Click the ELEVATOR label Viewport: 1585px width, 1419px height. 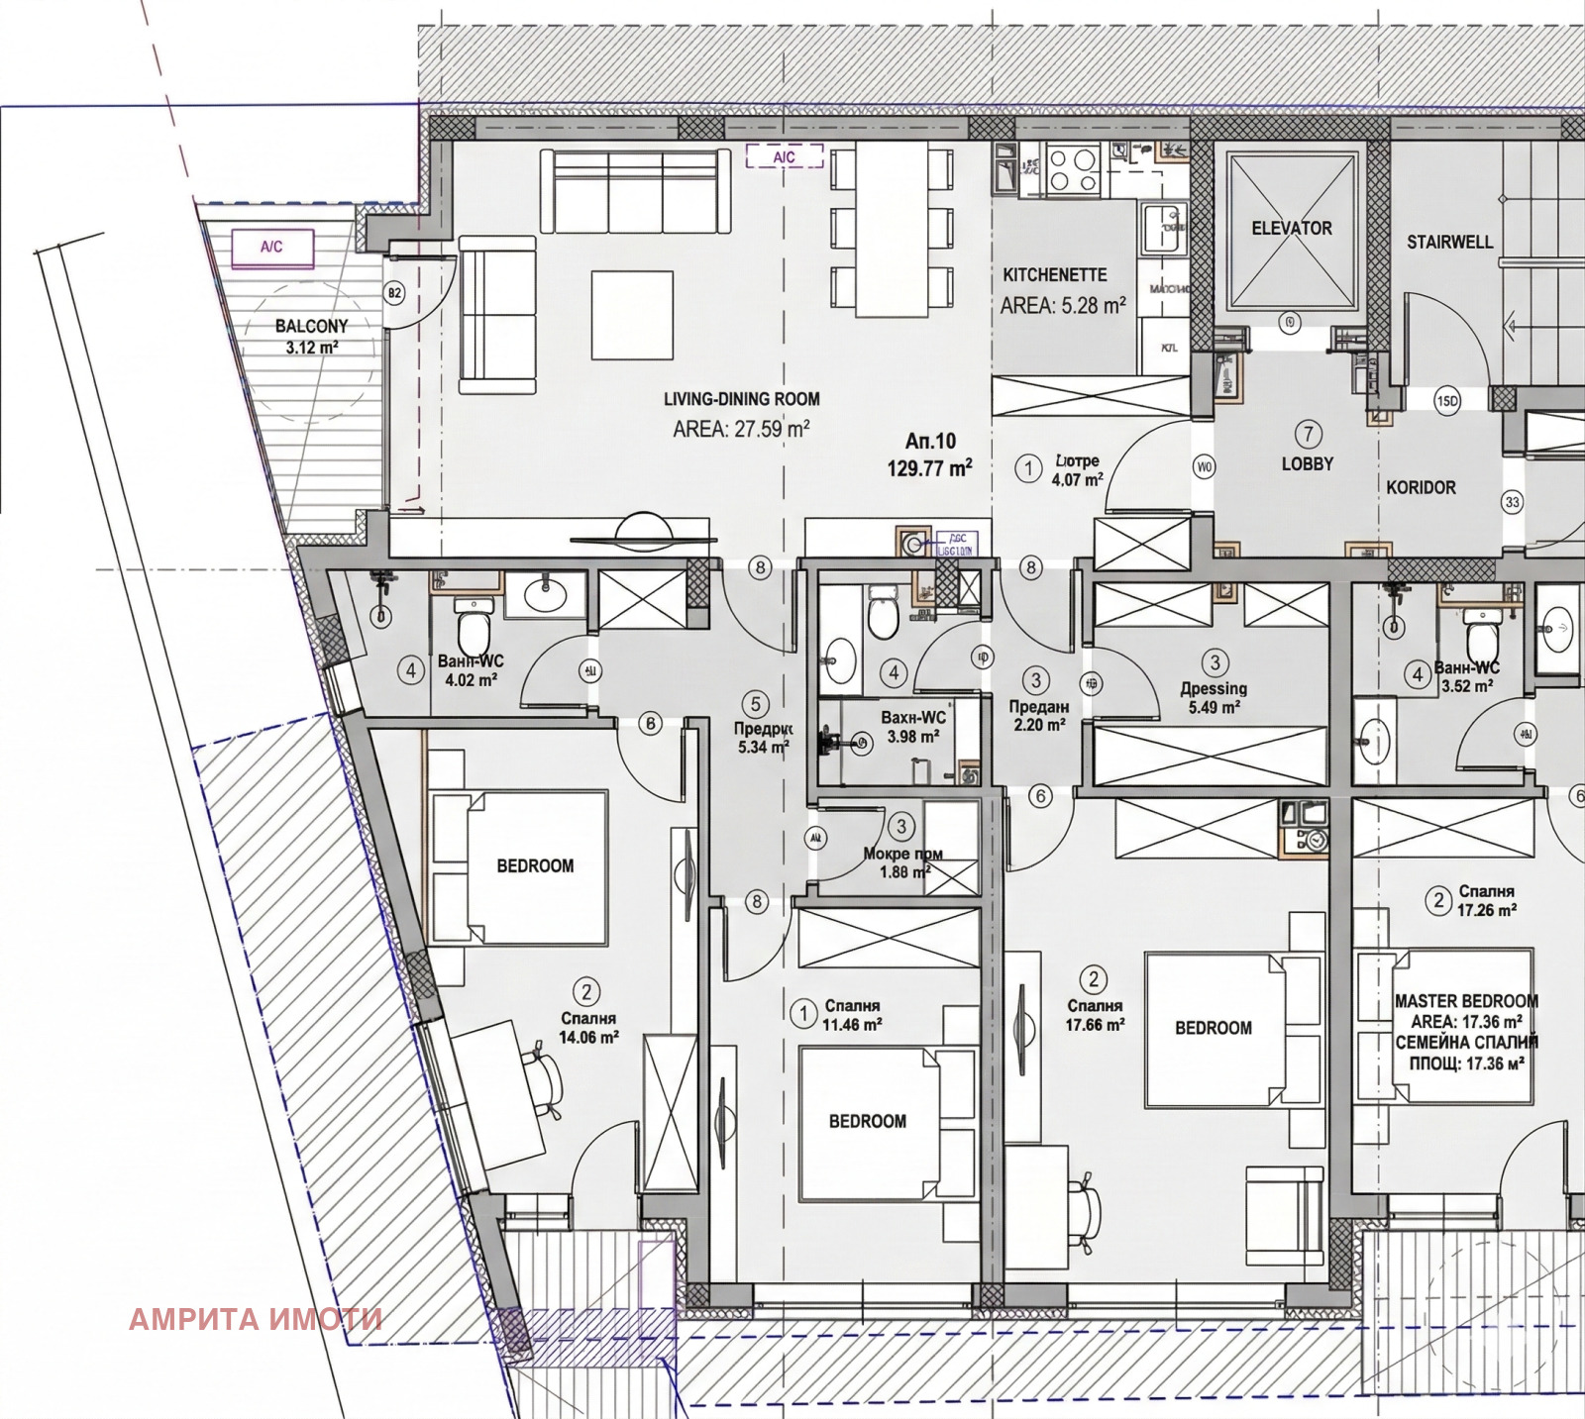point(1291,228)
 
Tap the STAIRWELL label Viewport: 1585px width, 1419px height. point(1449,242)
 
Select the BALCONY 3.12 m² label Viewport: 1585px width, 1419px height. point(312,336)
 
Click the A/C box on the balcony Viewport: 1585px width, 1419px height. point(272,248)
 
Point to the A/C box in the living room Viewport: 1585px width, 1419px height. point(784,156)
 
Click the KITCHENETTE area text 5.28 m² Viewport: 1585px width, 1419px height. point(1063,306)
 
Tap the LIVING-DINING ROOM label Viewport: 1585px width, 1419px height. point(741,399)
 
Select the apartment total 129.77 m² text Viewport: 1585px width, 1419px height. point(929,468)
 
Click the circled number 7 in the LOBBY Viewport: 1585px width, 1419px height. point(1308,434)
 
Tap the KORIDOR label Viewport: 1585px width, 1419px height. point(1421,487)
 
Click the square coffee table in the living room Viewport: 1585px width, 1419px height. point(632,315)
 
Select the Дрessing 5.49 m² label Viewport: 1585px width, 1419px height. point(1214,697)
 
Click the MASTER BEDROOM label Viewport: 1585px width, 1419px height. point(1466,1001)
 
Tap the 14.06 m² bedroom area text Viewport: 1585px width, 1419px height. point(588,1037)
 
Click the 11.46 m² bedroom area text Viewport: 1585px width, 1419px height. point(852,1025)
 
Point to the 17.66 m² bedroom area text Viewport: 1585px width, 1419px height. point(1095,1025)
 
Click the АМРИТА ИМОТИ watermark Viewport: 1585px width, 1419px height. point(256,1319)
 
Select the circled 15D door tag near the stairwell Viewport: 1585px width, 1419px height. point(1447,401)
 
